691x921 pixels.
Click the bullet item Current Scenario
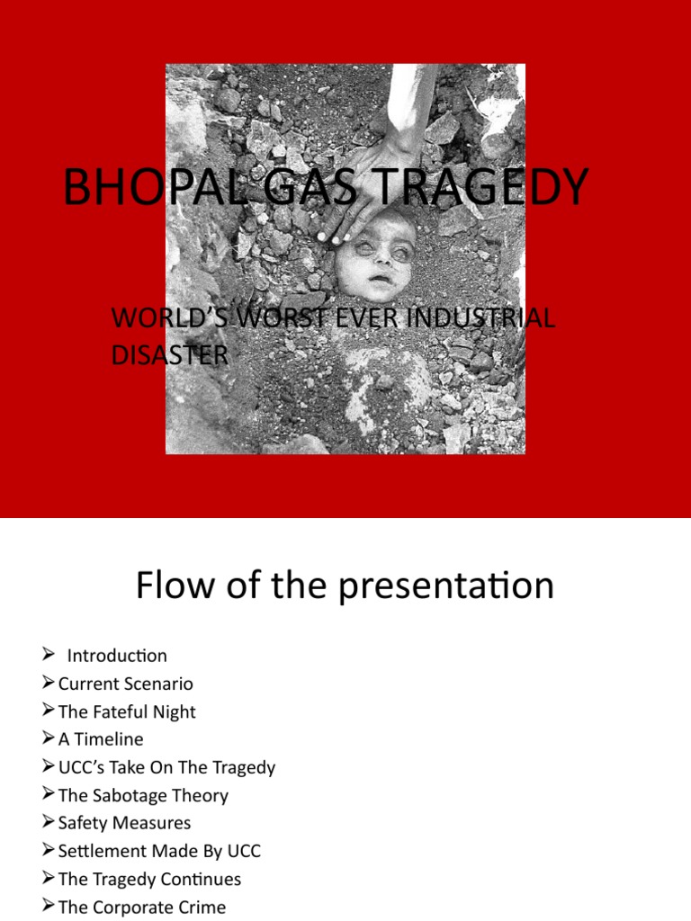(x=125, y=684)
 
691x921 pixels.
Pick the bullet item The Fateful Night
(x=126, y=711)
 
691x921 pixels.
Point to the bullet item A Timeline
(x=100, y=739)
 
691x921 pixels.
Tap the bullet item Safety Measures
(x=124, y=823)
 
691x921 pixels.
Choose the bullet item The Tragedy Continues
(x=149, y=879)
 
